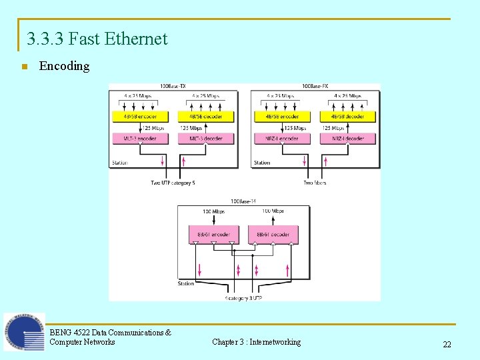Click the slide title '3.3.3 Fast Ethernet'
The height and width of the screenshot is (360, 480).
coord(97,39)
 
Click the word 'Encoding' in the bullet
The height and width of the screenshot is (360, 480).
coord(64,66)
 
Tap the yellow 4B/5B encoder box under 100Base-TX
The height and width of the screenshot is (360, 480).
coord(140,117)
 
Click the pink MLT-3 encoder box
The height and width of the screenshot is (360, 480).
coord(140,139)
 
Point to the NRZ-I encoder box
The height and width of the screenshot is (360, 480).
coord(282,139)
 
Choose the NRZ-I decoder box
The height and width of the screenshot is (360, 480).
coord(348,139)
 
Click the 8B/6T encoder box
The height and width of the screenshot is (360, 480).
coord(213,235)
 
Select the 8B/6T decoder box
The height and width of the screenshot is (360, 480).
coord(273,235)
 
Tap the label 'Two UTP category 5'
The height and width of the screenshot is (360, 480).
coord(173,183)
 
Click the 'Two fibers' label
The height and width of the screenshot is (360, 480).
coord(315,183)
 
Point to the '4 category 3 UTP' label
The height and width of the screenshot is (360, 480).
coord(244,298)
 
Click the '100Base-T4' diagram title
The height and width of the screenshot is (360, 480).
coord(243,201)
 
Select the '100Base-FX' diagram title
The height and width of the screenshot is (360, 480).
coord(315,86)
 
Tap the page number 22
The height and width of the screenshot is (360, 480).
coord(447,344)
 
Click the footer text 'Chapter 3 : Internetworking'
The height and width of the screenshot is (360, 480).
coord(256,342)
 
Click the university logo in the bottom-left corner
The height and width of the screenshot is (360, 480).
coord(24,332)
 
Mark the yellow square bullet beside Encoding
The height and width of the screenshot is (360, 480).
coord(23,67)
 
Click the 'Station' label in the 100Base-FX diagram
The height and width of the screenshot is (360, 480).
coord(262,163)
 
